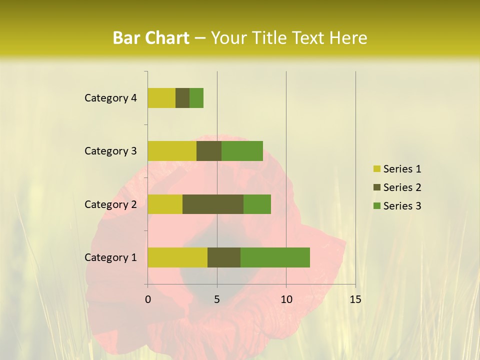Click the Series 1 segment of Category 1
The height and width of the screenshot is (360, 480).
click(x=177, y=257)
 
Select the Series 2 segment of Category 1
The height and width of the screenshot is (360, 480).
click(x=224, y=257)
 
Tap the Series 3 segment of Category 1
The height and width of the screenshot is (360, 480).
click(x=275, y=257)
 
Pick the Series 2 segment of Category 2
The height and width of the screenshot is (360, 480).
click(x=213, y=204)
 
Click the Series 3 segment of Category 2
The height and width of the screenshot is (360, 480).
click(x=257, y=204)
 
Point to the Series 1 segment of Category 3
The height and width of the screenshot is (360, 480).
click(x=172, y=151)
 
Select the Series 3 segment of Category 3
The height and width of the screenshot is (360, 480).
click(x=242, y=151)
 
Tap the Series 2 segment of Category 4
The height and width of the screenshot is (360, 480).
click(x=182, y=98)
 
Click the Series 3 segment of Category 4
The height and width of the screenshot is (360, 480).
click(x=196, y=98)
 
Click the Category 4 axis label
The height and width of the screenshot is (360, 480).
click(x=110, y=98)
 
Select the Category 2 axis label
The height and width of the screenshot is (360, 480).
click(x=110, y=204)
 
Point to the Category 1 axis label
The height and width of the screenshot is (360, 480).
click(x=110, y=257)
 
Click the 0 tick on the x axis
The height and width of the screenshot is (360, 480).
click(x=148, y=299)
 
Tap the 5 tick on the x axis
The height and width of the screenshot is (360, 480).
click(x=217, y=299)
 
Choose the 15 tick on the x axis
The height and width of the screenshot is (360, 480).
click(x=355, y=299)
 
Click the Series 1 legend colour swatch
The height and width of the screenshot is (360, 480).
click(x=376, y=169)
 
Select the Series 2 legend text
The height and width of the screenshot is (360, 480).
click(x=402, y=187)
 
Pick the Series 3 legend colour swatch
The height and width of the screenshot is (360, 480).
click(x=376, y=206)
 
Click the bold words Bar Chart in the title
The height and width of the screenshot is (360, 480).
click(x=151, y=38)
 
